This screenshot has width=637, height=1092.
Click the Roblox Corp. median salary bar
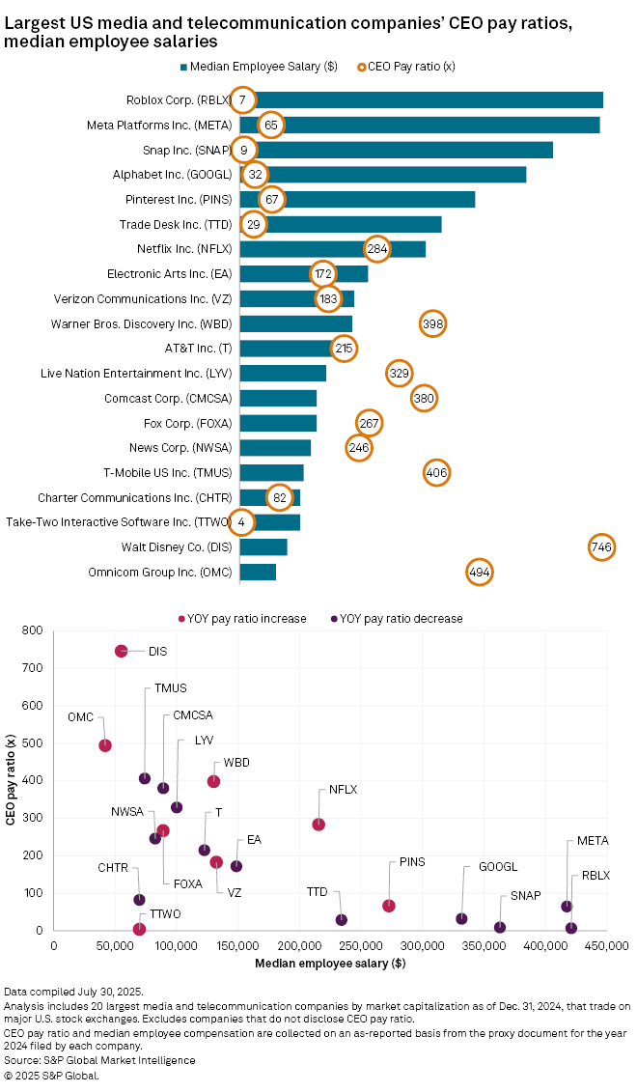coord(425,99)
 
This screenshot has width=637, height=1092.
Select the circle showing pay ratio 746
coord(601,546)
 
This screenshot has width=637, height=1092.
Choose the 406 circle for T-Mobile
coord(436,472)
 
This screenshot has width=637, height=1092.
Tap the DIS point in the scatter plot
coord(121,651)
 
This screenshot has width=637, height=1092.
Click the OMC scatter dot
coord(105,745)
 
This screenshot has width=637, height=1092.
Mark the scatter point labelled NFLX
coord(318,824)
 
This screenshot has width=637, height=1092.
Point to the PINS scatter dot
coord(389,906)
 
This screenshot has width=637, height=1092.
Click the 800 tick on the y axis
coord(34,631)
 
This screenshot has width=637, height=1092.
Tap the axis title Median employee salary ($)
coord(330,964)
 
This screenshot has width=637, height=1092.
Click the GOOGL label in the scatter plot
coord(497,867)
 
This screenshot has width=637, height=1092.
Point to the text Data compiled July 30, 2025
coord(73,992)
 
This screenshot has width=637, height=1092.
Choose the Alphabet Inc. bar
coord(386,175)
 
